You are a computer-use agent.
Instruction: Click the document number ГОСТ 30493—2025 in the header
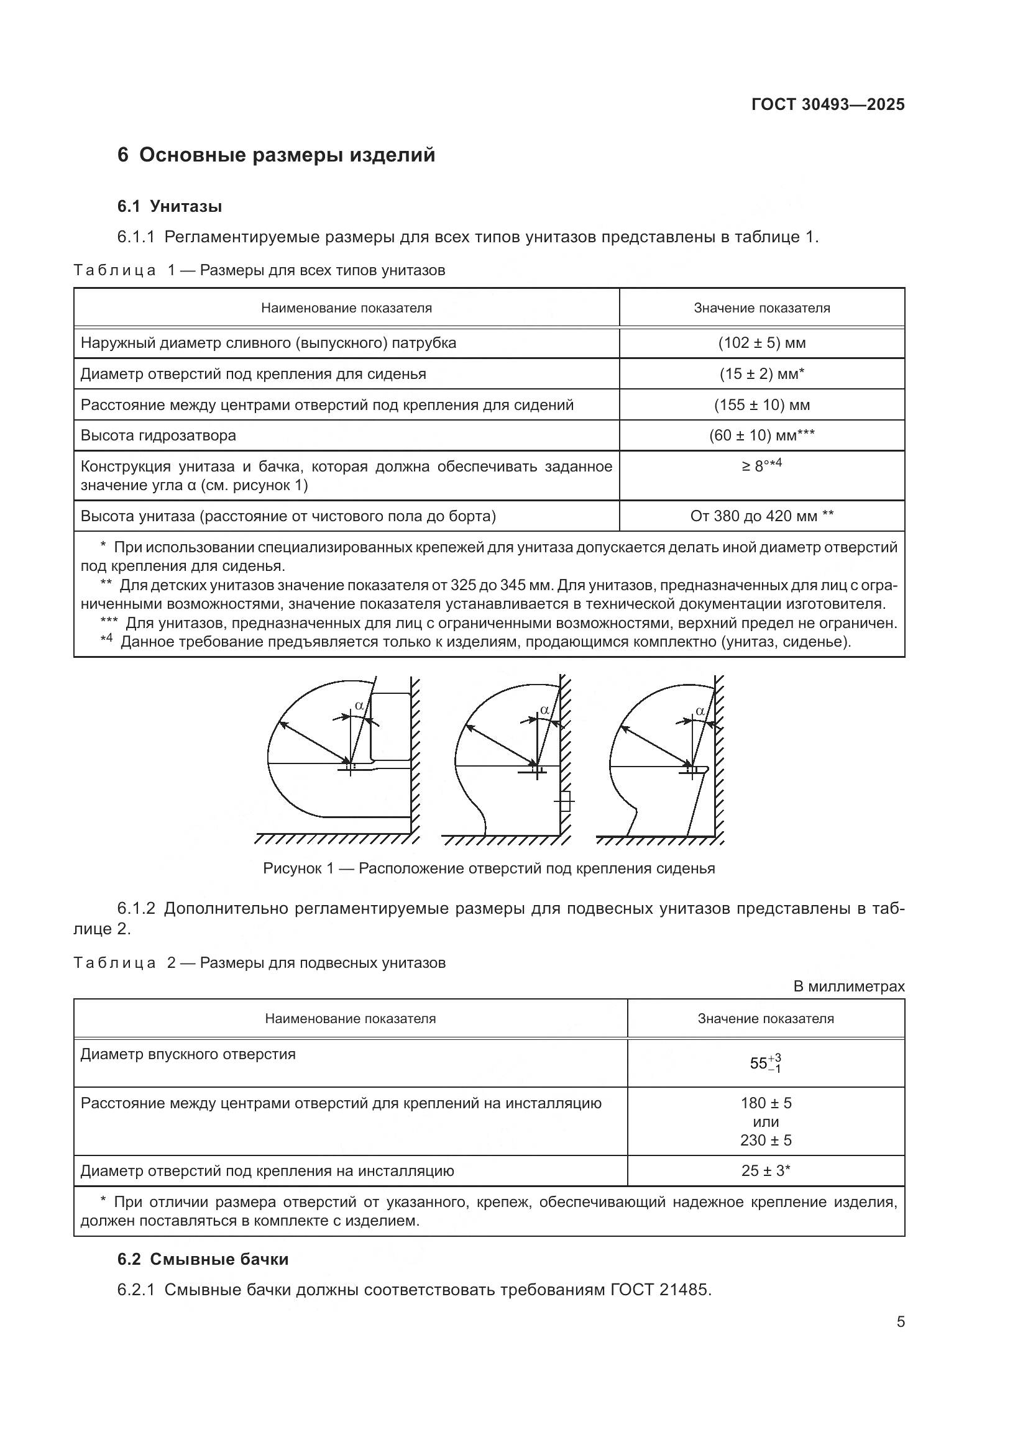point(827,104)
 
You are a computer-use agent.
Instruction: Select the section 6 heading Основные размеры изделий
point(276,155)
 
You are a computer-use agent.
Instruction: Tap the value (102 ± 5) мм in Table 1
point(761,343)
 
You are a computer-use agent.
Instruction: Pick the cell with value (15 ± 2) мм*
point(761,374)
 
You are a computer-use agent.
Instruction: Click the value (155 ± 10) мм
point(761,405)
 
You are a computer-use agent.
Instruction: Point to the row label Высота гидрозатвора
point(158,435)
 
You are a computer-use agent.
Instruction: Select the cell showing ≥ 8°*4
point(761,466)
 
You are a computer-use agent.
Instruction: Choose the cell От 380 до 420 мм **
point(761,516)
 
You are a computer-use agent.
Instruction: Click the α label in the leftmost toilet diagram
point(359,705)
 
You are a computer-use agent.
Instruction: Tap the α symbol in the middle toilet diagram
point(544,709)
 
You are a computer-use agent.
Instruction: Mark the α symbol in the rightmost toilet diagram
point(700,711)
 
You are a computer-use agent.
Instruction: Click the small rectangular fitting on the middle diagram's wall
point(565,803)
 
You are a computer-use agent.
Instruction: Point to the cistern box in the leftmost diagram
point(390,727)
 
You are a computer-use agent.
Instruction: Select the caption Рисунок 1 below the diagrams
point(488,868)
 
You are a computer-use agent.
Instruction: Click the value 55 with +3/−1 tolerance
point(765,1062)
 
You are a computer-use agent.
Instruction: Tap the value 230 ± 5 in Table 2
point(765,1140)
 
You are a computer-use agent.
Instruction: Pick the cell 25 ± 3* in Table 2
point(765,1170)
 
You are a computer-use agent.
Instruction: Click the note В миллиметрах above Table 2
point(848,986)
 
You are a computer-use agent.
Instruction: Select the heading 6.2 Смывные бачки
point(203,1259)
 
